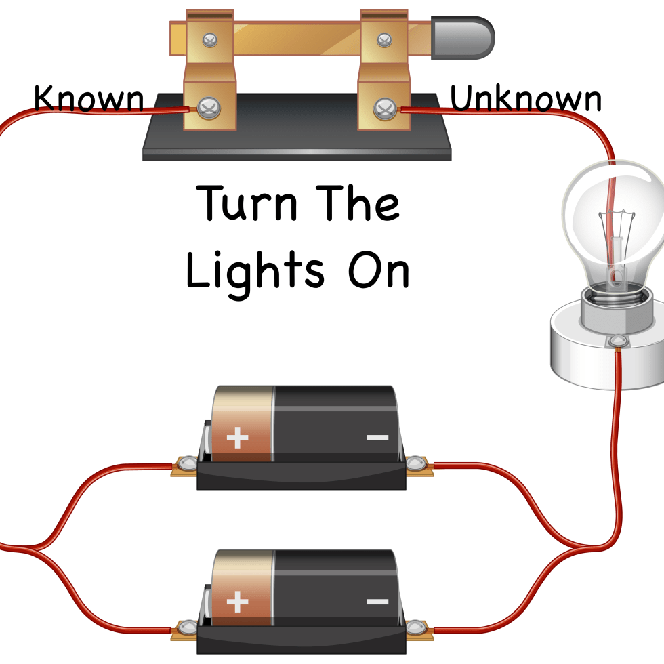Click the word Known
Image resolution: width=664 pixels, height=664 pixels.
click(x=89, y=99)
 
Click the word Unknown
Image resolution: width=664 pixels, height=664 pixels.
click(x=526, y=99)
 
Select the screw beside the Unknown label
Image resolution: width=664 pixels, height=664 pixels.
click(x=386, y=108)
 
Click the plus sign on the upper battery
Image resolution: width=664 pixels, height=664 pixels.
click(x=237, y=438)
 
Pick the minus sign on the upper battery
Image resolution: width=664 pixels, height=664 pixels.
click(x=377, y=438)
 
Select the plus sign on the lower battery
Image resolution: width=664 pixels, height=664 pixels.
click(x=237, y=602)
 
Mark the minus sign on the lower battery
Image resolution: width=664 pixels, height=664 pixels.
click(x=377, y=602)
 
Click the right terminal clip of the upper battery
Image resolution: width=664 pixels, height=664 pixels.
click(x=415, y=464)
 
